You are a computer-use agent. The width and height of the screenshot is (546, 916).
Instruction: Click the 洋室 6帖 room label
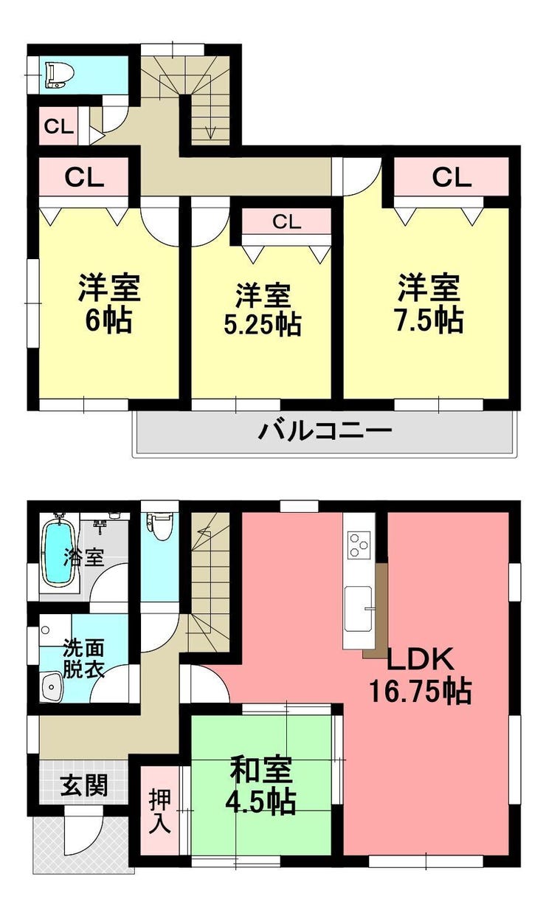point(109,303)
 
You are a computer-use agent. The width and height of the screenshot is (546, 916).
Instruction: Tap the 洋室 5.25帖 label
point(263,309)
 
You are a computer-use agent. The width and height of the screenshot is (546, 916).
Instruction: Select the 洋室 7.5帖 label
point(429,303)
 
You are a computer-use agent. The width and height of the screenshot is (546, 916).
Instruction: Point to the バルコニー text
point(325,430)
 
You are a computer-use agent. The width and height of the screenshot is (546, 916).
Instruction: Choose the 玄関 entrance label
point(84,785)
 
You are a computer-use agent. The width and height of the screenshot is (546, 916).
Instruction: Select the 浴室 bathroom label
point(84,557)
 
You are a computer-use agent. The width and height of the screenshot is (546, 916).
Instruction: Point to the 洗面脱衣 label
point(83,659)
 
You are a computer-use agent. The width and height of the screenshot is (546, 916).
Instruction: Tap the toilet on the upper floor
point(60,75)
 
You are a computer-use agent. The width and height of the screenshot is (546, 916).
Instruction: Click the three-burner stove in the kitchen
point(359,545)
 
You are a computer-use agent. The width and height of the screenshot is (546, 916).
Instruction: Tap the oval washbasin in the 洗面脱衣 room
point(52,686)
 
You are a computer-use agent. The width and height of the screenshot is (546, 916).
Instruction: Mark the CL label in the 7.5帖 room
point(452,177)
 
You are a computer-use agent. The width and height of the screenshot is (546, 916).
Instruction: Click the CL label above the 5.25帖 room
point(287,222)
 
